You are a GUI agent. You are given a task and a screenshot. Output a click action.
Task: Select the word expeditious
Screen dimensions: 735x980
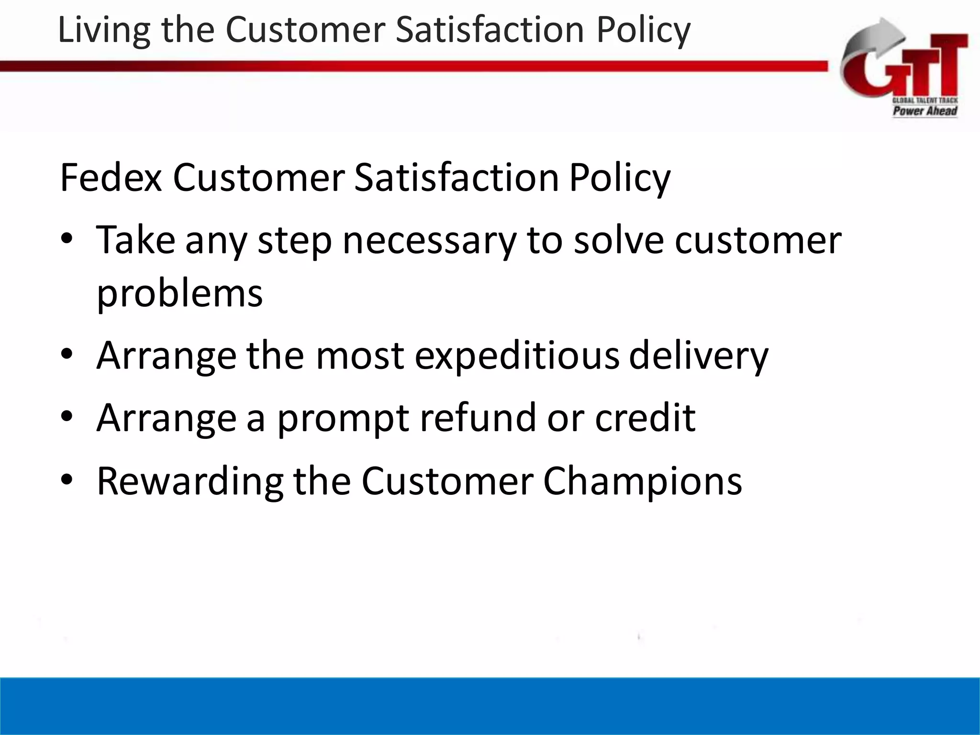click(x=517, y=356)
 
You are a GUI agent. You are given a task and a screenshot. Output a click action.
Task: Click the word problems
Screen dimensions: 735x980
click(x=179, y=293)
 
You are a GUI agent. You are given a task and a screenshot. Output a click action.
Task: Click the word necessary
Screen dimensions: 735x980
click(x=429, y=241)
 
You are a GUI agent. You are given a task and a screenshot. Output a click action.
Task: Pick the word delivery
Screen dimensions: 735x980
click(x=698, y=356)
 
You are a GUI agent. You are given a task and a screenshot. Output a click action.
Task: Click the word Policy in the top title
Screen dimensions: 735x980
click(x=643, y=30)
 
